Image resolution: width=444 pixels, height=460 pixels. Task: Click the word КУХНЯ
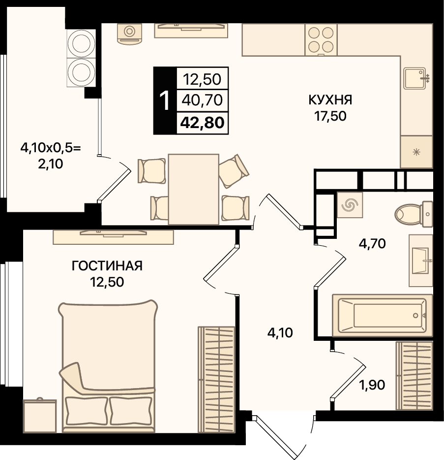[330, 100]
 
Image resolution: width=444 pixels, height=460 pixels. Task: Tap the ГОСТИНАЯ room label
[107, 266]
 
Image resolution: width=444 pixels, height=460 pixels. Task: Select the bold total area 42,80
[203, 123]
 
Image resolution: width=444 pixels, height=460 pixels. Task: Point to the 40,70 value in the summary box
[202, 100]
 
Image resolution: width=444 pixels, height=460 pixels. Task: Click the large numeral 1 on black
[165, 100]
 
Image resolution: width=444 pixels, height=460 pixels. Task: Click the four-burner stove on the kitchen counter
[321, 39]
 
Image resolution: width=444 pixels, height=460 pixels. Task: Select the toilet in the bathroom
[414, 214]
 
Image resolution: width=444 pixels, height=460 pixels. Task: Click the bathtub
[383, 315]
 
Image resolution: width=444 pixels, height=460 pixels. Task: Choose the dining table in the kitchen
[194, 190]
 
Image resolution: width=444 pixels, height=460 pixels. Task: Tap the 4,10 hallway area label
[280, 333]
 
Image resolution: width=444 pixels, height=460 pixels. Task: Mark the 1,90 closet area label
[372, 385]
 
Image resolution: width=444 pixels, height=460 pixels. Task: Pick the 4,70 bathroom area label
[372, 243]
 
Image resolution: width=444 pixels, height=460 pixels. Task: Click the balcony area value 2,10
[50, 164]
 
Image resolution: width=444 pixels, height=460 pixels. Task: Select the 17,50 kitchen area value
[330, 116]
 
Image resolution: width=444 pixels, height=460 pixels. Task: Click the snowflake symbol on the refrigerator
[416, 152]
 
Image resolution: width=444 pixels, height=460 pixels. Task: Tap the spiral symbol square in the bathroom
[350, 205]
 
